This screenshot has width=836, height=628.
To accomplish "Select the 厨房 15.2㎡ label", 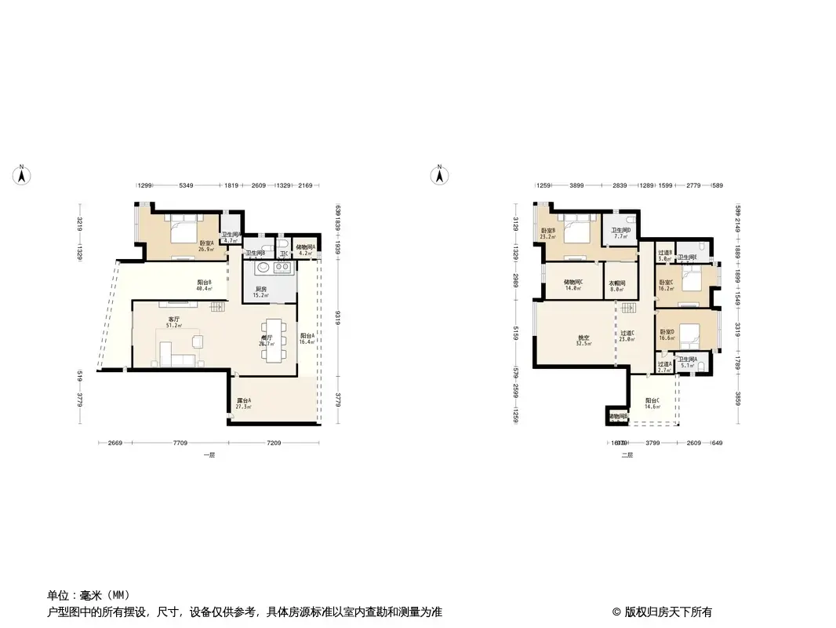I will tap(261, 292).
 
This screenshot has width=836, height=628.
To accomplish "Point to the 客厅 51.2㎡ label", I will tap(174, 322).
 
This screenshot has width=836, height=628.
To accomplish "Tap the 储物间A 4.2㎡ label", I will tap(305, 250).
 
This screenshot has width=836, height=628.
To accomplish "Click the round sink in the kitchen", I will tap(263, 268).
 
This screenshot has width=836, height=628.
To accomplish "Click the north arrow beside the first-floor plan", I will tap(23, 174).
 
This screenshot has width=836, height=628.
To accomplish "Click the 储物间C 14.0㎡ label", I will tap(574, 285).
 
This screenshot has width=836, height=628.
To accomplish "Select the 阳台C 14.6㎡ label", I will tap(652, 404).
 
